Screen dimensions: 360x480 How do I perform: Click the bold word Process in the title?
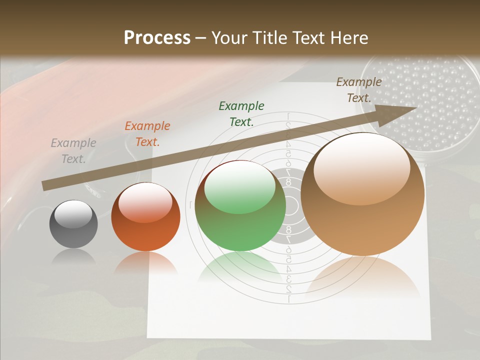point(157,38)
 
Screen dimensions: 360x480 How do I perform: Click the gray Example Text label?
point(73,151)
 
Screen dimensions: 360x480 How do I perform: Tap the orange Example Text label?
point(147,134)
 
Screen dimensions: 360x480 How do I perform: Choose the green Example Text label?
point(241,113)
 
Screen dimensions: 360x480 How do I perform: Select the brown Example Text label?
point(358,89)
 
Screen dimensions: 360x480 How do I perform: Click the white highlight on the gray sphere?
point(73,214)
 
